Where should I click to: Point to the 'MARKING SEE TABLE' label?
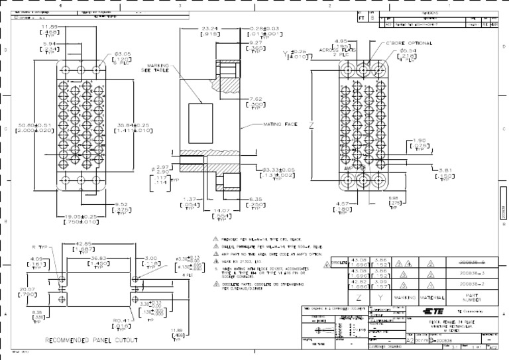pos(154,67)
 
